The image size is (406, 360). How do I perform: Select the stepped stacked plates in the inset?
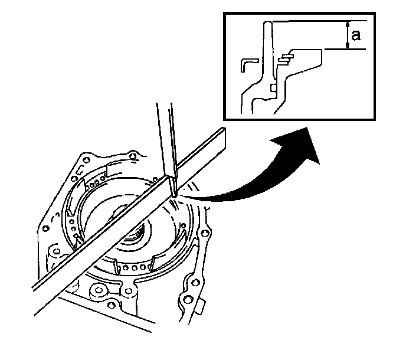(287, 57)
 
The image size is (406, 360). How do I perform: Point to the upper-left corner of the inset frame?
(224, 14)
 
